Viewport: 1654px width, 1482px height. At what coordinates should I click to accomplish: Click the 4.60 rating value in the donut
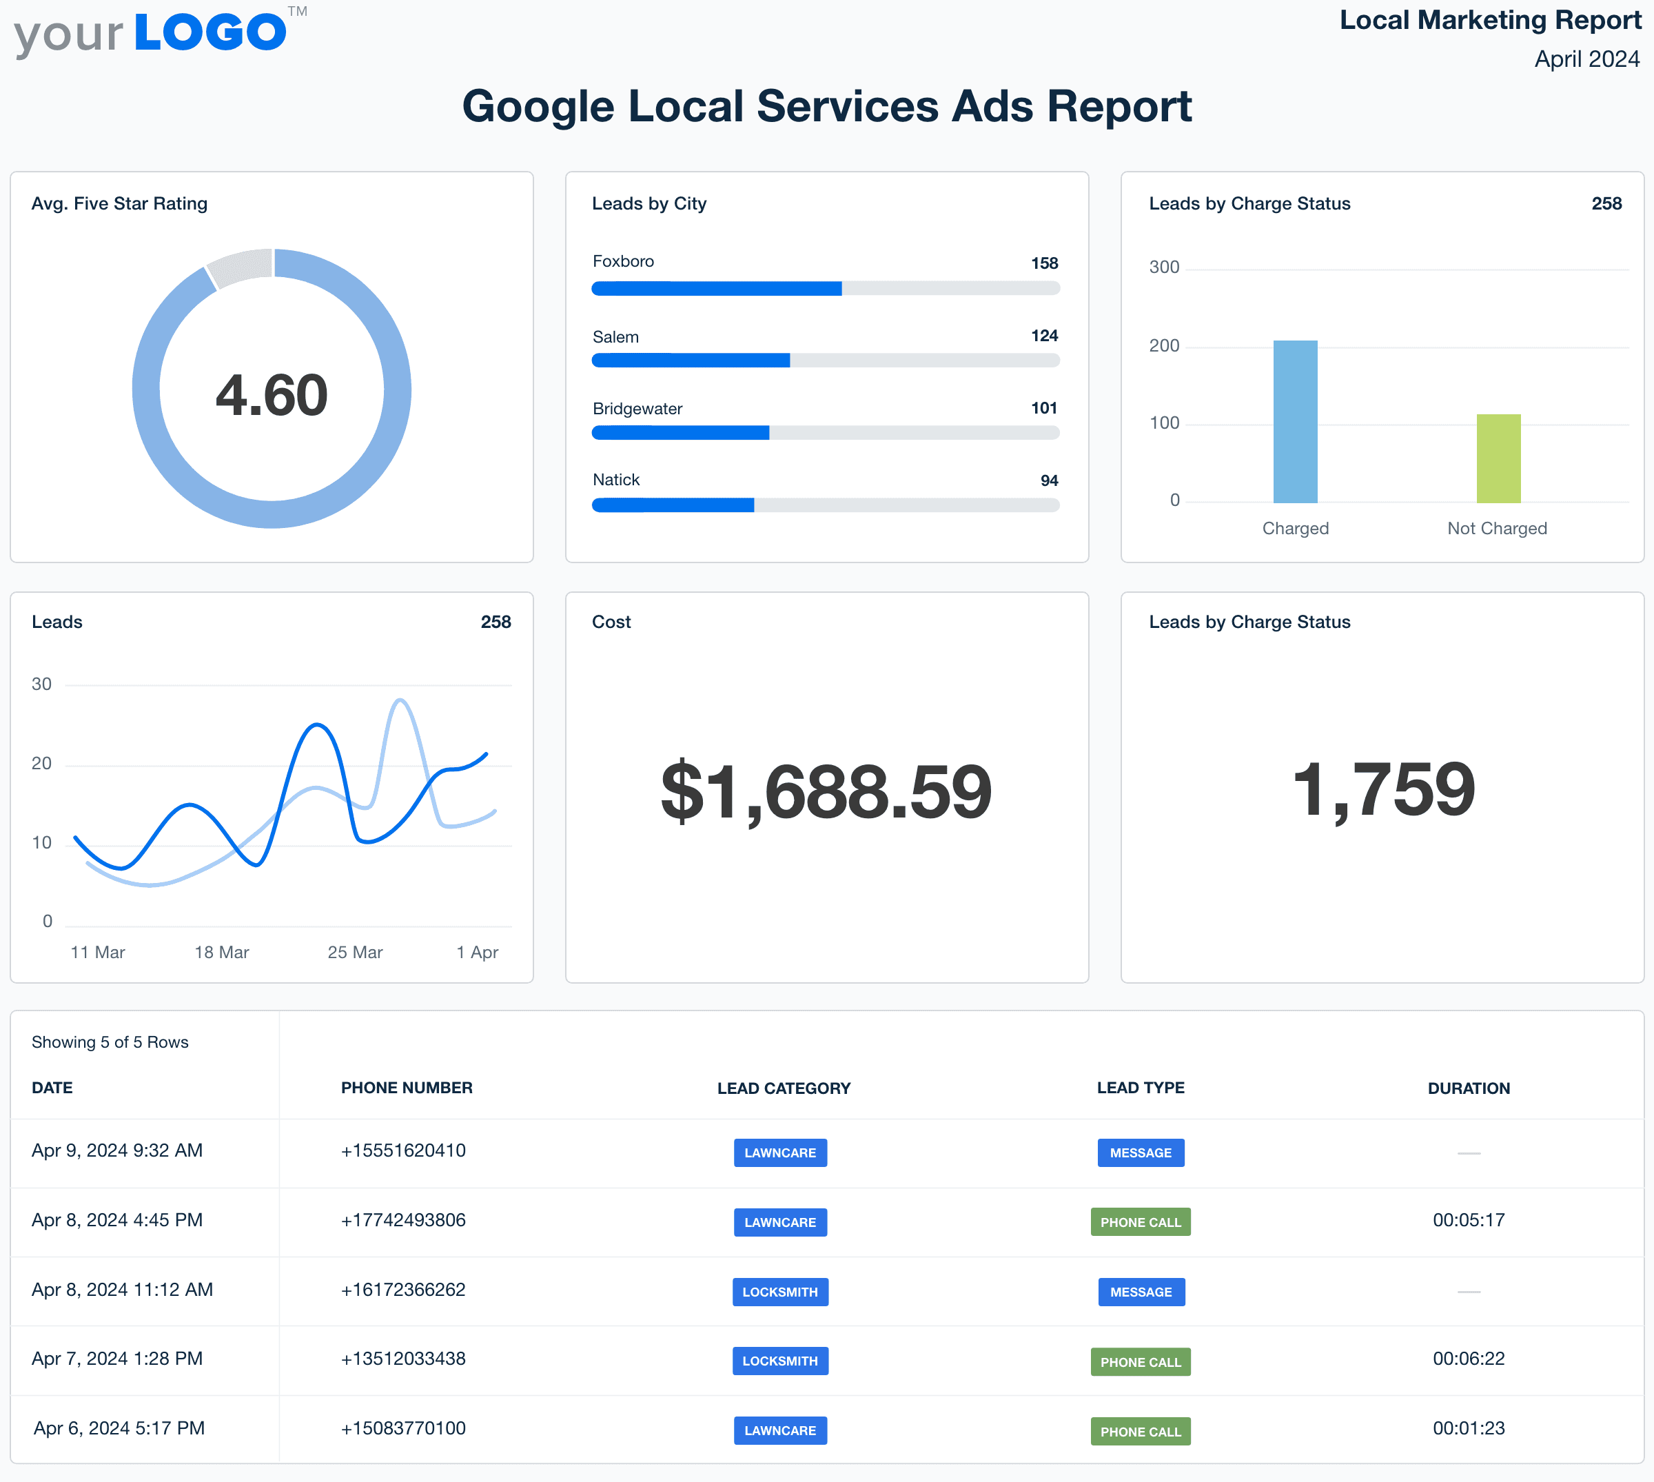pyautogui.click(x=271, y=395)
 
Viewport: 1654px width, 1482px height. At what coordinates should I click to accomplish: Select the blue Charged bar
pyautogui.click(x=1295, y=421)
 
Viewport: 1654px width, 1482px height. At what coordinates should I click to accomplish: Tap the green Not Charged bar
pyautogui.click(x=1498, y=458)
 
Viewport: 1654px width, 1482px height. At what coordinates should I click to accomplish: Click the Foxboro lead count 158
pyautogui.click(x=1044, y=263)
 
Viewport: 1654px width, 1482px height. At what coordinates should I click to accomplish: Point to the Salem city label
pyautogui.click(x=615, y=337)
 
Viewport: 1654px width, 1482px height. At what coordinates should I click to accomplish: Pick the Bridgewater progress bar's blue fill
pyautogui.click(x=680, y=433)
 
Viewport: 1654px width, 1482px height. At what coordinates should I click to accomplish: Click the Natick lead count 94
pyautogui.click(x=1049, y=480)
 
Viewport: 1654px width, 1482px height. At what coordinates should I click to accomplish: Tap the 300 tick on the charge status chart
pyautogui.click(x=1164, y=267)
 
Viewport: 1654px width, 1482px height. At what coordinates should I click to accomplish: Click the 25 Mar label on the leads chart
pyautogui.click(x=355, y=952)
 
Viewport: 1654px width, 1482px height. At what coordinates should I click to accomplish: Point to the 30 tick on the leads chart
pyautogui.click(x=41, y=684)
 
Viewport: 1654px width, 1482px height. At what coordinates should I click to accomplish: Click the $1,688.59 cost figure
pyautogui.click(x=826, y=791)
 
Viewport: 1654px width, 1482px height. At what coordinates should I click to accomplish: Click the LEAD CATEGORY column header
pyautogui.click(x=784, y=1088)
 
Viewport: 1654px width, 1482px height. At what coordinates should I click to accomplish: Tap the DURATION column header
pyautogui.click(x=1469, y=1088)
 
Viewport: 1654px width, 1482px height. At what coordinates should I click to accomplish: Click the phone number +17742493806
pyautogui.click(x=403, y=1220)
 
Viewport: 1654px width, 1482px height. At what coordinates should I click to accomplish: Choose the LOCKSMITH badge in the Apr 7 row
pyautogui.click(x=779, y=1361)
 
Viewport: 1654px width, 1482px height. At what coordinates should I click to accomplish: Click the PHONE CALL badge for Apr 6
pyautogui.click(x=1141, y=1432)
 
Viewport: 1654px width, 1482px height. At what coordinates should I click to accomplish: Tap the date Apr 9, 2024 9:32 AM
pyautogui.click(x=117, y=1150)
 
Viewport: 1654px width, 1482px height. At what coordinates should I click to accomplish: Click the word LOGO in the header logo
pyautogui.click(x=210, y=32)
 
